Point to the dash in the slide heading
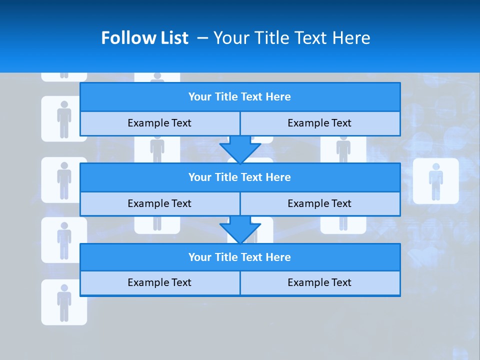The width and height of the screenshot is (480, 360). pyautogui.click(x=203, y=38)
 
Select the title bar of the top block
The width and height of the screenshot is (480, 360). pyautogui.click(x=240, y=97)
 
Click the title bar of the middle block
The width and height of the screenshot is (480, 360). pyautogui.click(x=240, y=177)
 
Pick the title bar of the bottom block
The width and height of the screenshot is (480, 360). pyautogui.click(x=240, y=257)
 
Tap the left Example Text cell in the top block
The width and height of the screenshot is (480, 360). pyautogui.click(x=159, y=123)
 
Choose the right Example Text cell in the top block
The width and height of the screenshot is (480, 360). pyautogui.click(x=320, y=123)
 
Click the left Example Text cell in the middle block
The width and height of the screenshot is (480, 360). pyautogui.click(x=159, y=204)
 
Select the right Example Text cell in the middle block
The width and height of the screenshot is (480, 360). pyautogui.click(x=320, y=204)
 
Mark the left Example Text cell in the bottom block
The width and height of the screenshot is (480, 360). pyautogui.click(x=159, y=283)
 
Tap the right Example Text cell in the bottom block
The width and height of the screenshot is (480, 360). pyautogui.click(x=320, y=283)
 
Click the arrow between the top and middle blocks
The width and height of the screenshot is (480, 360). pyautogui.click(x=240, y=149)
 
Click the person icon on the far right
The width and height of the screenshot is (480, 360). pyautogui.click(x=435, y=181)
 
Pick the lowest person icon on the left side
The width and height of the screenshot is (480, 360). pyautogui.click(x=64, y=302)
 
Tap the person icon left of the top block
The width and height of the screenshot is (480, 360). pyautogui.click(x=64, y=119)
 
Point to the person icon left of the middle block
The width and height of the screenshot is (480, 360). pyautogui.click(x=64, y=180)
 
